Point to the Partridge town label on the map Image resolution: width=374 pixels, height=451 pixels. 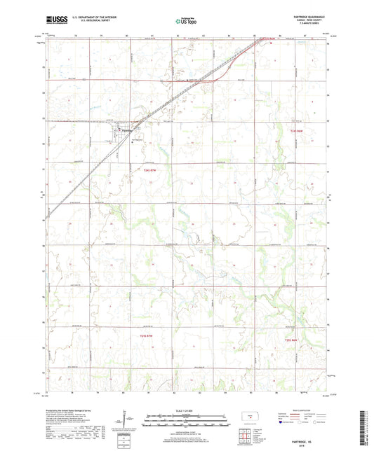tap(126, 130)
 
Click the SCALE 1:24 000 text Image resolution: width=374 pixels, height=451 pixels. tap(186, 410)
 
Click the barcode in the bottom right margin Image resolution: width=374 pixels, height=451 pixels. tap(366, 426)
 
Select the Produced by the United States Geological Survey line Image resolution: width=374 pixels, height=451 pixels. tap(70, 411)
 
